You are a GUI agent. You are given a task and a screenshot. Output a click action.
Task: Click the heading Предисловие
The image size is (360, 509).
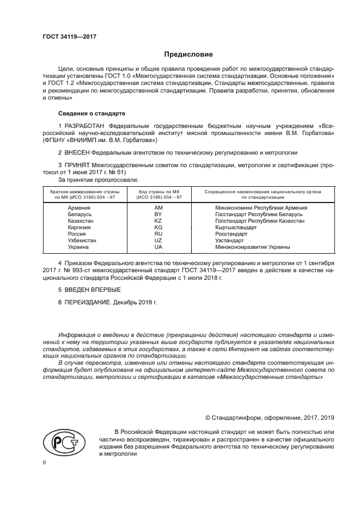coord(188,54)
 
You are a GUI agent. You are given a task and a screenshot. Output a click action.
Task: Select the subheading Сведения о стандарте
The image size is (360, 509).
coord(91,113)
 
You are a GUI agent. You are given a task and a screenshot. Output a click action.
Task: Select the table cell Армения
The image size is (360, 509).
coord(79,208)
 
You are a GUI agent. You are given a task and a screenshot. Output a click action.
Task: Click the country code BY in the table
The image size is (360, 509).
coord(158,214)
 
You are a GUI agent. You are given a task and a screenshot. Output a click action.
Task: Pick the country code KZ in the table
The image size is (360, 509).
coord(158,221)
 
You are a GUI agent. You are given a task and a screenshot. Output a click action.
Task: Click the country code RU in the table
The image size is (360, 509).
coord(158,234)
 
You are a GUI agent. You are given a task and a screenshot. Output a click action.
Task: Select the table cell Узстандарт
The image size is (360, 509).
coord(229,241)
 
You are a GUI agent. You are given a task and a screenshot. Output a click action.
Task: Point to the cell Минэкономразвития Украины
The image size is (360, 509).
coord(252,247)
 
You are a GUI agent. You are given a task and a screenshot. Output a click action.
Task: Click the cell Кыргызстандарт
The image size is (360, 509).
coord(235,228)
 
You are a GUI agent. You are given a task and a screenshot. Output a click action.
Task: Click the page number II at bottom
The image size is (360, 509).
coord(45,462)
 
